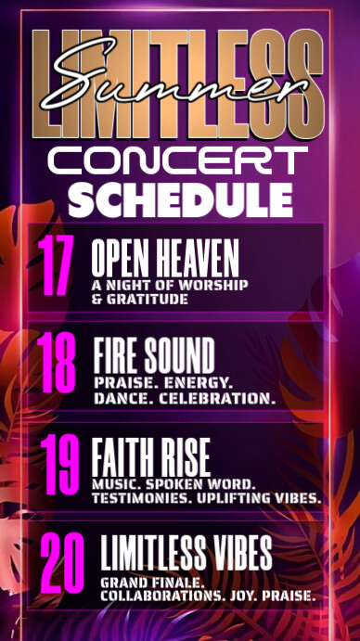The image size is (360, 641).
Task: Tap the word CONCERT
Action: [178, 160]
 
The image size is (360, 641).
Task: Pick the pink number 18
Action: [58, 365]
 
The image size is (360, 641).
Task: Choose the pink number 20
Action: [61, 564]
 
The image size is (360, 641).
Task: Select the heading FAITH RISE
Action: [151, 456]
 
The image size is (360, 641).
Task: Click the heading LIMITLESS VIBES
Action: [186, 554]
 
